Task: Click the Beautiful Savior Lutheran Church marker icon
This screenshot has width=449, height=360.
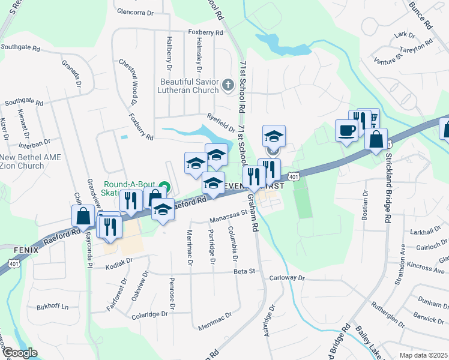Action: (x=228, y=85)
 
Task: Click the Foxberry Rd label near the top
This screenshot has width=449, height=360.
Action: (x=205, y=32)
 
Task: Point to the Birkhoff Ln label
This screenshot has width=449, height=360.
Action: (x=53, y=307)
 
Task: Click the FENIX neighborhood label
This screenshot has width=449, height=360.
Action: (x=14, y=249)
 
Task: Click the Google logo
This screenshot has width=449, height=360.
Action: (x=21, y=353)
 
